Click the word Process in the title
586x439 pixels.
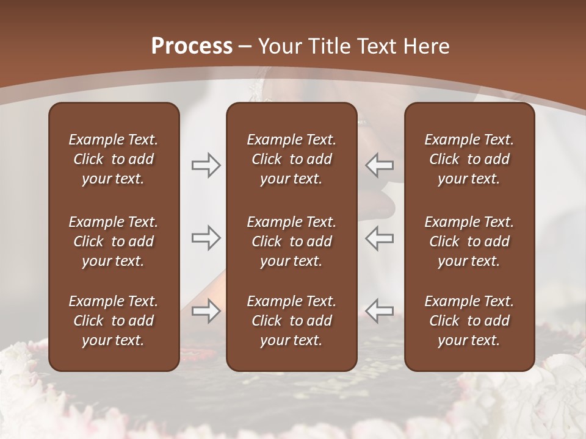[x=192, y=46]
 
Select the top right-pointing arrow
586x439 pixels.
[x=206, y=165]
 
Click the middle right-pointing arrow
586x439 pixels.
[x=206, y=238]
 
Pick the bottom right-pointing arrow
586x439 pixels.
[x=206, y=311]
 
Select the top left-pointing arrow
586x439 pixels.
[x=379, y=165]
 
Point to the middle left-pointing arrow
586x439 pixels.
[x=379, y=238]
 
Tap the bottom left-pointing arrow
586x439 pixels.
[x=379, y=311]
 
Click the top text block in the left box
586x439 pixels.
[x=114, y=159]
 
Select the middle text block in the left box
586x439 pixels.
[x=114, y=241]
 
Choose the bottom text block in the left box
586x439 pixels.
[x=114, y=321]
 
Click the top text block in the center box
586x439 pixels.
[x=291, y=159]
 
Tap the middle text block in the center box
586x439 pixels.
[x=291, y=241]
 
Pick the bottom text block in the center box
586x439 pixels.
[x=291, y=321]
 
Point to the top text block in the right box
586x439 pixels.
[x=469, y=159]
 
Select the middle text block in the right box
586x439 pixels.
[x=469, y=241]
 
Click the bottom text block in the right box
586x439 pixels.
[x=469, y=321]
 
